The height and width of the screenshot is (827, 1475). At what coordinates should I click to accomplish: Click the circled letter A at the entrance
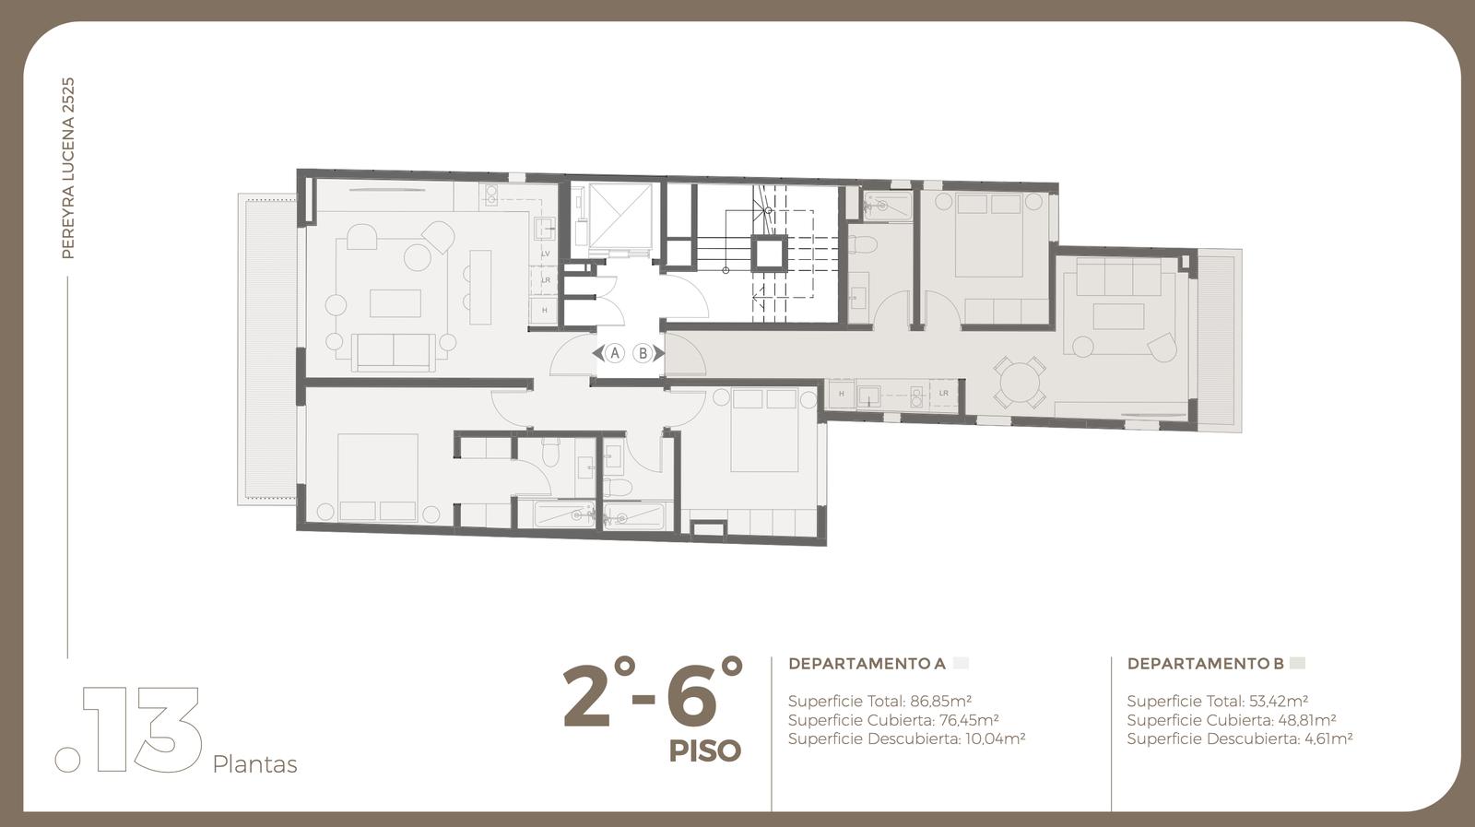click(x=614, y=354)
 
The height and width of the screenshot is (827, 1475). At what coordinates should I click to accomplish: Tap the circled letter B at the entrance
click(x=643, y=354)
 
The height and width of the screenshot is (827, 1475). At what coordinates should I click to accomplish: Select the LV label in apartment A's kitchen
click(x=545, y=254)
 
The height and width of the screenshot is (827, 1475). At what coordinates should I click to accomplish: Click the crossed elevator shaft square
click(x=619, y=215)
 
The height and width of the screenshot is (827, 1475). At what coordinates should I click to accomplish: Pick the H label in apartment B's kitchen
click(x=842, y=394)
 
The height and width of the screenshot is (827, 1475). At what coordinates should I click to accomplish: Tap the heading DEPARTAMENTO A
click(x=867, y=664)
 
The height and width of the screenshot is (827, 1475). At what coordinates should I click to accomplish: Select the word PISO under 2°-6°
click(x=705, y=751)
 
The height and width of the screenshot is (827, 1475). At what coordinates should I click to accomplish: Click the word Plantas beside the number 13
click(x=254, y=765)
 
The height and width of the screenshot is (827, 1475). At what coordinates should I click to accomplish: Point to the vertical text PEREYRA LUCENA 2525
click(x=68, y=168)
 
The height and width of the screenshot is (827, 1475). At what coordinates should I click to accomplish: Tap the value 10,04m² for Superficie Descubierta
click(x=995, y=738)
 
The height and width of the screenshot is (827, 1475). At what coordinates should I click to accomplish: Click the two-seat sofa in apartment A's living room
click(x=393, y=352)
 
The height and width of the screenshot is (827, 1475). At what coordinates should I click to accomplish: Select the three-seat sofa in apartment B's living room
click(x=1119, y=277)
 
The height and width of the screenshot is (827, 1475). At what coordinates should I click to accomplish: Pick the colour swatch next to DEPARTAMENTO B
click(x=1297, y=663)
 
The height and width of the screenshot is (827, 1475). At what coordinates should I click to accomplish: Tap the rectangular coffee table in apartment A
click(x=395, y=303)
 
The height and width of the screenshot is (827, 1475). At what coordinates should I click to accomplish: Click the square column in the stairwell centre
click(x=769, y=253)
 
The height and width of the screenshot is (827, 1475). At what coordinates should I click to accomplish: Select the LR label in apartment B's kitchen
click(x=944, y=393)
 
